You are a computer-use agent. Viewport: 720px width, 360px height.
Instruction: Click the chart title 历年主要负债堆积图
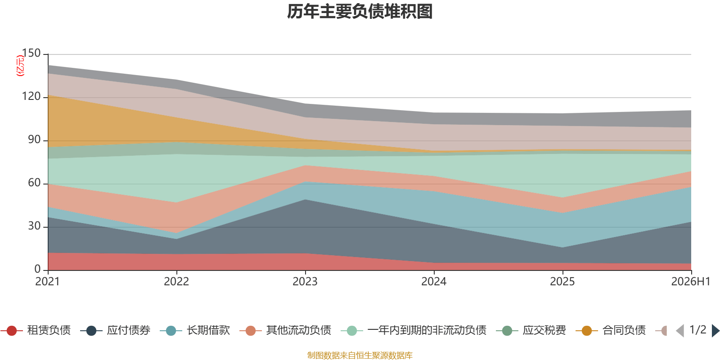[360, 12]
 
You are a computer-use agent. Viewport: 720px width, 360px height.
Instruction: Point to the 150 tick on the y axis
[31, 53]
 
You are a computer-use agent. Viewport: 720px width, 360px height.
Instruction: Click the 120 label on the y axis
[31, 96]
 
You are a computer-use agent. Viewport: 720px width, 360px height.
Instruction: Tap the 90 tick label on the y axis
[34, 139]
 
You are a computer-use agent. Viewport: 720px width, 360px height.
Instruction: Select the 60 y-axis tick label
[34, 183]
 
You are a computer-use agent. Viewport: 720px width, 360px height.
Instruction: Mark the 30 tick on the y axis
[34, 226]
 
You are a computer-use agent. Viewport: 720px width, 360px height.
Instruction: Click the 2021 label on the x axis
[48, 282]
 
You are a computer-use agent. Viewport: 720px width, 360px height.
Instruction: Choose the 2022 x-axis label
[176, 282]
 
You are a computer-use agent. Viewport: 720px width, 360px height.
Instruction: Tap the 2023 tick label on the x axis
[305, 282]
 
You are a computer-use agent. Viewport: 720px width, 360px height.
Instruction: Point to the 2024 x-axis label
[434, 282]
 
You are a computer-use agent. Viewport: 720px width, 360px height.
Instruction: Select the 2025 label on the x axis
[562, 282]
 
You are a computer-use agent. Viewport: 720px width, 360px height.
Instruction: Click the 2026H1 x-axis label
[690, 282]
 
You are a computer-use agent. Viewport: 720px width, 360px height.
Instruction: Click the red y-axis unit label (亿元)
[20, 66]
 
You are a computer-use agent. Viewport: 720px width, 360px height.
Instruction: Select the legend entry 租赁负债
[36, 330]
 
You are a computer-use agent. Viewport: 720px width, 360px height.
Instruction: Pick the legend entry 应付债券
[115, 330]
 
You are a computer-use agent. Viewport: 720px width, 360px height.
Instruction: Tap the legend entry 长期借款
[195, 330]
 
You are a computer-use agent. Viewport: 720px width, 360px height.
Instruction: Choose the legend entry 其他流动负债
[285, 330]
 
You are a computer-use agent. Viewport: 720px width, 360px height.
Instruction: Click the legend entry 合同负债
[611, 330]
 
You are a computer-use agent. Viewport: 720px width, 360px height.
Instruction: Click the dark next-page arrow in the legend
[715, 330]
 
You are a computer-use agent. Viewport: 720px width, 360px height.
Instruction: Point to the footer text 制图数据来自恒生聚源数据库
[360, 355]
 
